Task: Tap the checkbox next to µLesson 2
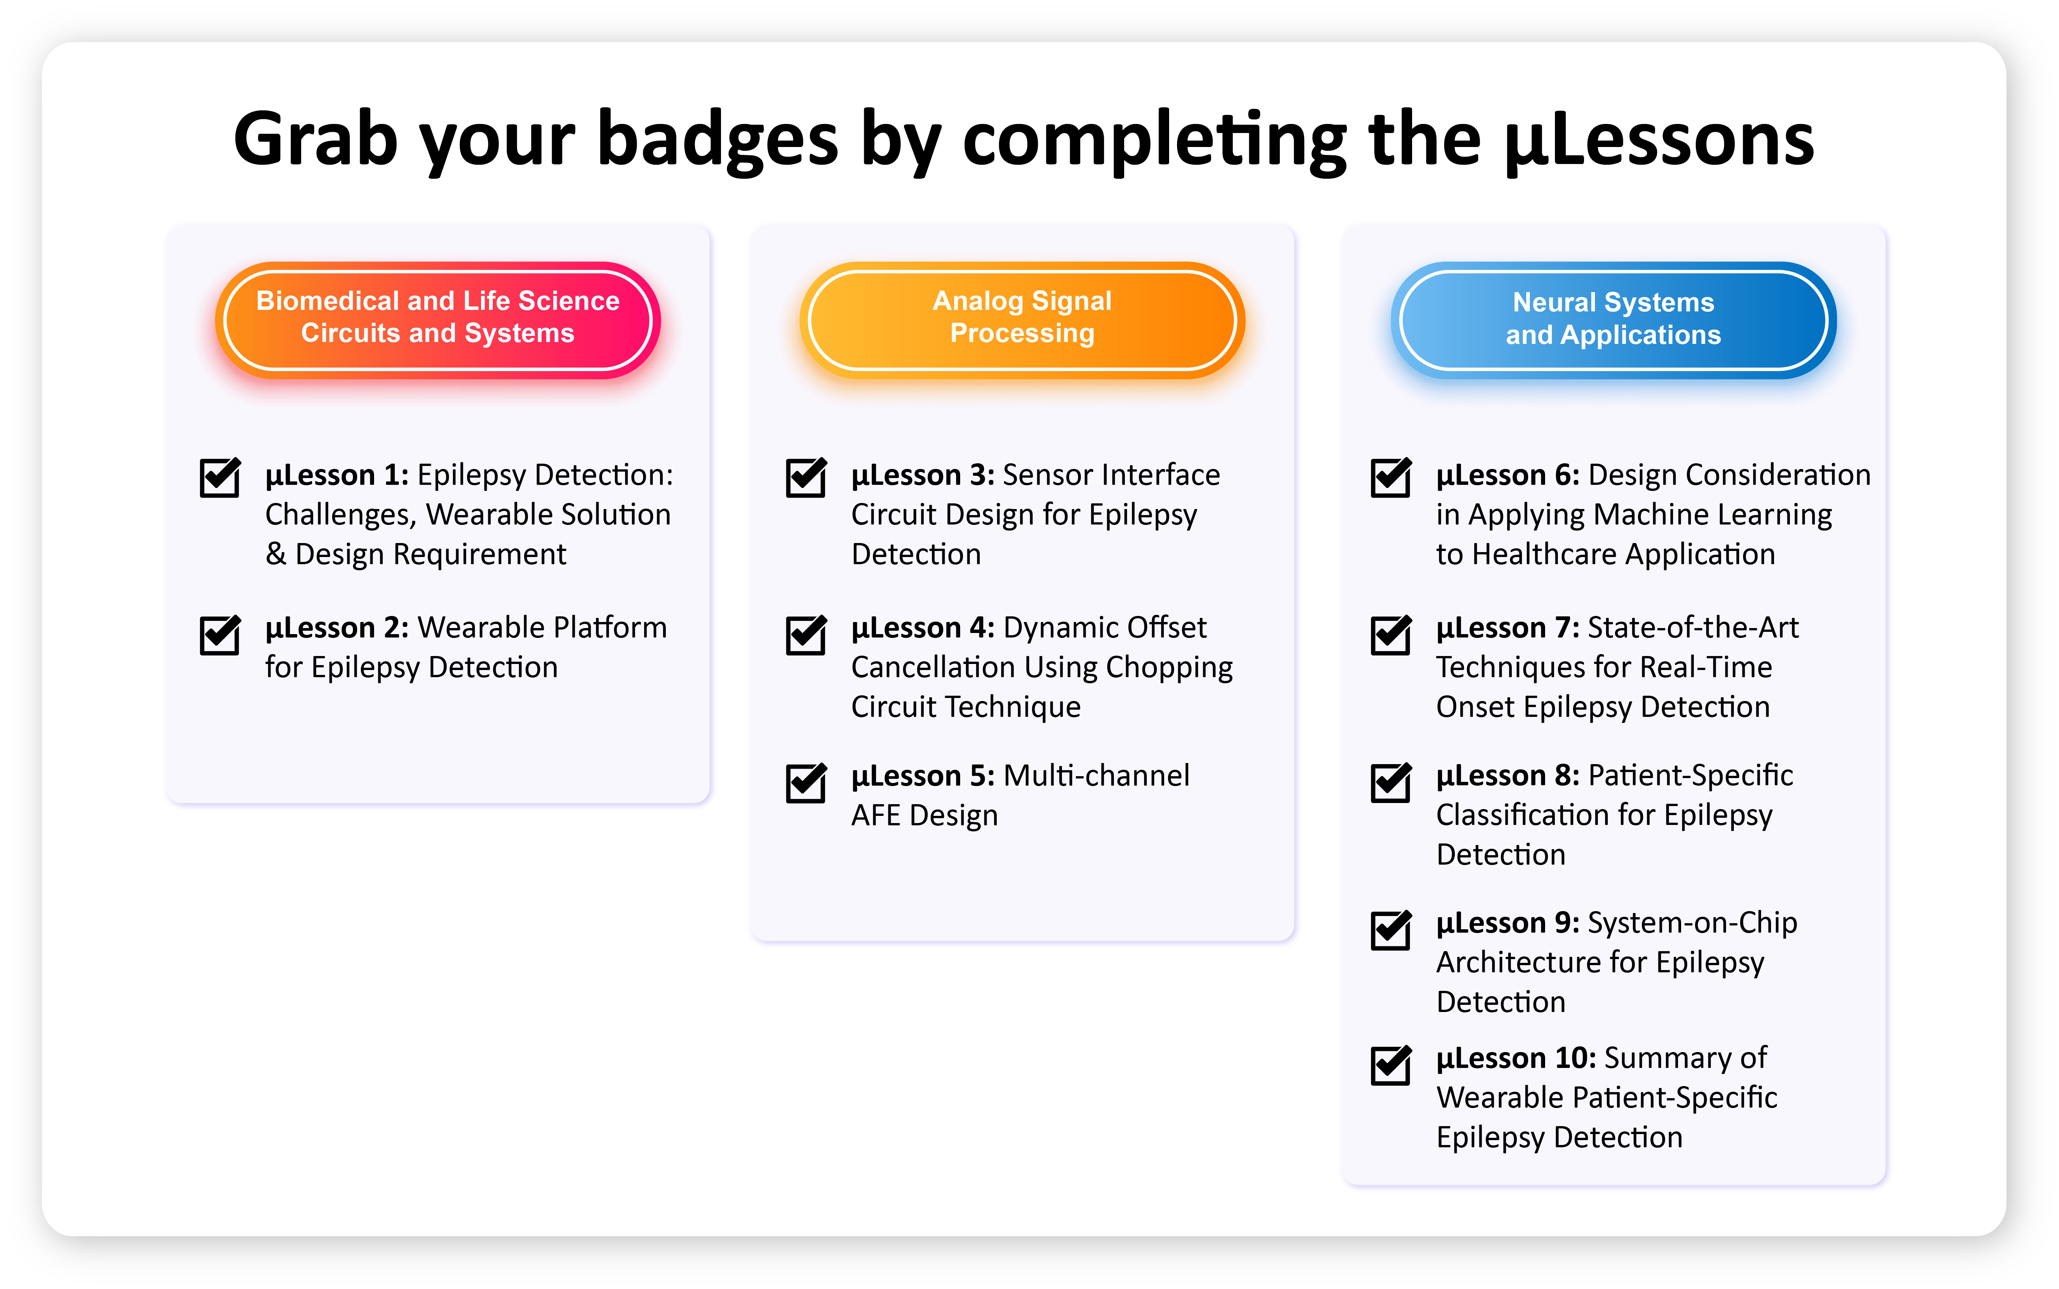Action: coord(220,635)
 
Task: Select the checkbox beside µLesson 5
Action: coord(805,783)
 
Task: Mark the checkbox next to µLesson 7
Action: coord(1391,635)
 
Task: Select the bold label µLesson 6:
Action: coord(1508,476)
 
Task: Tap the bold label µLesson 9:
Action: coord(1508,923)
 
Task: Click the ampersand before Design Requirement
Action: coord(275,554)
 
